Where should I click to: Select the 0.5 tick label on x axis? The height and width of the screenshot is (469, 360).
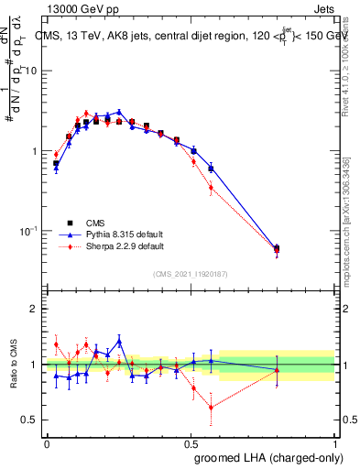point(191,443)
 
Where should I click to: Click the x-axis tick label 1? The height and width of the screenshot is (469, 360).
point(335,443)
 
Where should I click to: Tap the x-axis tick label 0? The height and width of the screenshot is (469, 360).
point(47,443)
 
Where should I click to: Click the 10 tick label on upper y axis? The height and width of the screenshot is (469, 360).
point(31,71)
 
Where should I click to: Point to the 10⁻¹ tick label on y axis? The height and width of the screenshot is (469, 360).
point(29,230)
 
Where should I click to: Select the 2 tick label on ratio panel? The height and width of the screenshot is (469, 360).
point(35,309)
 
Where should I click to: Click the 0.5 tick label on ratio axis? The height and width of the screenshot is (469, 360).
point(29,420)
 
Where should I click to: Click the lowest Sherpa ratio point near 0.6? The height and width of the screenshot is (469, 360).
point(212,408)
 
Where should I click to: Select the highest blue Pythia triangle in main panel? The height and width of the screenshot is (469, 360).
point(119,112)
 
